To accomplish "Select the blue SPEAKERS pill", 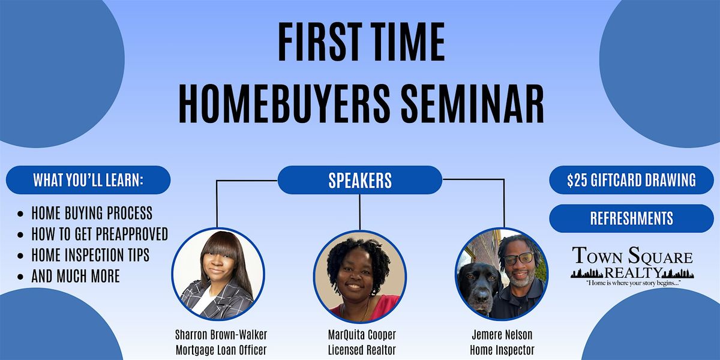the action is point(360,180).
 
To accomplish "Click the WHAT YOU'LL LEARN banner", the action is point(88,180).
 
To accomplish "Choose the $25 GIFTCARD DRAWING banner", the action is point(631,180).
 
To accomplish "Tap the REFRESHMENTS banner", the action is point(631,218).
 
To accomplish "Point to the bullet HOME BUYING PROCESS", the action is point(92,213).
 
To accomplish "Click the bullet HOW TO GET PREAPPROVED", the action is point(100,234).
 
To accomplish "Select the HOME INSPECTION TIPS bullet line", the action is point(91,255).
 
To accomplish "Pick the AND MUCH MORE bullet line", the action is point(76,276).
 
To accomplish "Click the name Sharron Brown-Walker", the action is point(221,335).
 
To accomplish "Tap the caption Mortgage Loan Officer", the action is point(221,350).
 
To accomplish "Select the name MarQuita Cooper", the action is point(362,335).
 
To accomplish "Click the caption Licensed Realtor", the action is point(362,350).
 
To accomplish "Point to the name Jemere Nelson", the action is point(502,335).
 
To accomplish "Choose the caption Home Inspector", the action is point(502,350).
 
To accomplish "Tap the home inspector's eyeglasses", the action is point(518,259).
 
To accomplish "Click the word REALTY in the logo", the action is point(632,273).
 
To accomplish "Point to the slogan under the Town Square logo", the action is point(632,283).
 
